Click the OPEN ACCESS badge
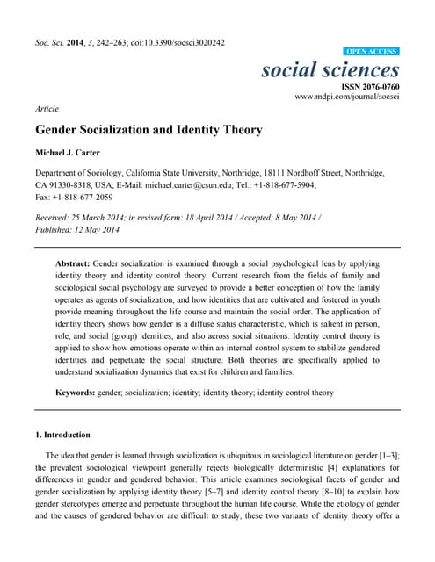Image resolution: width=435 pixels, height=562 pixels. pyautogui.click(x=372, y=52)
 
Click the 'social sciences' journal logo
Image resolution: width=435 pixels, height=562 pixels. pyautogui.click(x=330, y=69)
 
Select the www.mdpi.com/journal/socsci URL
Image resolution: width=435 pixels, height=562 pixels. pyautogui.click(x=347, y=98)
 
